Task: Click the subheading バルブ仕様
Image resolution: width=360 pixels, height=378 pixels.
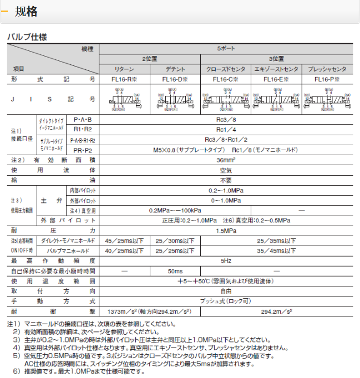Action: click(27, 37)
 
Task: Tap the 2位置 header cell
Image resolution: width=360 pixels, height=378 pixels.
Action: click(150, 59)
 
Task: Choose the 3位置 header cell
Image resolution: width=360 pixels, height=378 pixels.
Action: click(276, 59)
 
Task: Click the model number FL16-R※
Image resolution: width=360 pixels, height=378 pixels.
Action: click(124, 79)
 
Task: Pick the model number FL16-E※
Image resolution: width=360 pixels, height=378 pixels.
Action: click(276, 79)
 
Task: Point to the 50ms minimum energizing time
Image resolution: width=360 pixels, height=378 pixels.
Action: click(175, 271)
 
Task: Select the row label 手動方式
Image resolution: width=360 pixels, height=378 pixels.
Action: click(53, 301)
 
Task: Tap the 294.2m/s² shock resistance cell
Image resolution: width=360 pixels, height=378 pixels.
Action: click(276, 311)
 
